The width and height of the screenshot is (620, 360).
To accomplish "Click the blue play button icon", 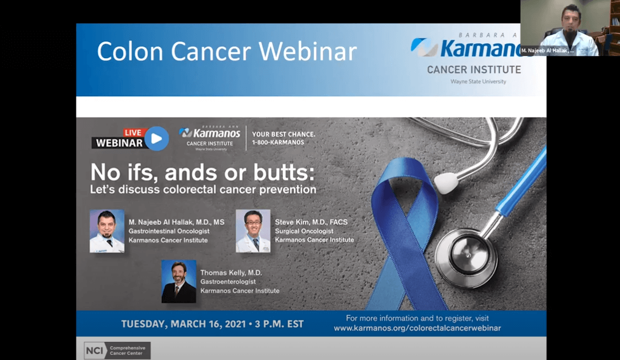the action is coord(156,138).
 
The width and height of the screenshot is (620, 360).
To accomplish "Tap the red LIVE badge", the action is coord(133,133).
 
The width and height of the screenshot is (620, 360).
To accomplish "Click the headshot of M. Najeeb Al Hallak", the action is coord(107,231).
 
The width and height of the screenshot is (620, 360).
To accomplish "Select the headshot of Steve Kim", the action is coord(253,231).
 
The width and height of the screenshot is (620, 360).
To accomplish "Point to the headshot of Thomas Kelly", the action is coord(179,281).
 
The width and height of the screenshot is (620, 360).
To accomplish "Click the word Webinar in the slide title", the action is coord(308,52).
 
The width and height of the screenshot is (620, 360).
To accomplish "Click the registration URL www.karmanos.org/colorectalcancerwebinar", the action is coord(417,328).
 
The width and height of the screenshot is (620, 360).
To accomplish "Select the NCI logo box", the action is coord(117,351).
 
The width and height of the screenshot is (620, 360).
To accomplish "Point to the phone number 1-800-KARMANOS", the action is coord(278,142).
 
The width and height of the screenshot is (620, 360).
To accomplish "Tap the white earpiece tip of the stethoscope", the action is coord(446,183).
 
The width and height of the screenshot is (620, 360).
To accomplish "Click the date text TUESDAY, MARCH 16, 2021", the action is coord(184,324).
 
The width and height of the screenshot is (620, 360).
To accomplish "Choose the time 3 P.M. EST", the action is coord(279,324).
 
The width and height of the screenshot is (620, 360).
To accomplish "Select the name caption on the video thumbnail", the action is coord(547,50).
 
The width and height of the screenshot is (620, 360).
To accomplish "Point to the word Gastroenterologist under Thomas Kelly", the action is coord(228,282).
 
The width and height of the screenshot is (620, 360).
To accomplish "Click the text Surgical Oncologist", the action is coord(304,231).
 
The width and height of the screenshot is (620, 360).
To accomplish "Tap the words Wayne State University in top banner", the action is coord(478,81).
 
